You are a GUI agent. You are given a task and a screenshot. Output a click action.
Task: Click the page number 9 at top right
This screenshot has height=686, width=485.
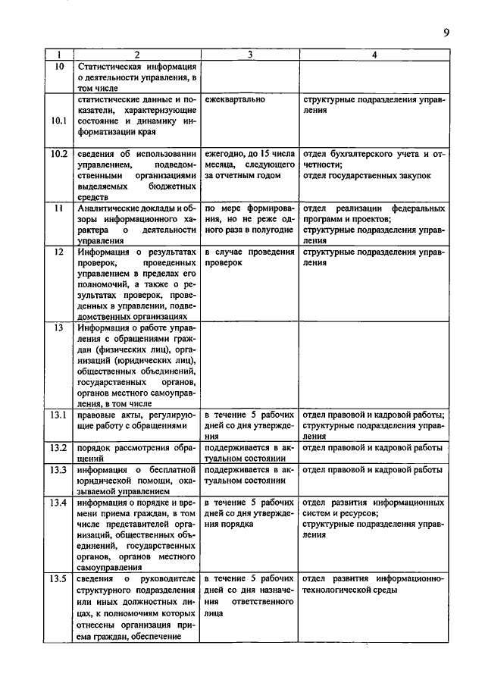click(x=446, y=32)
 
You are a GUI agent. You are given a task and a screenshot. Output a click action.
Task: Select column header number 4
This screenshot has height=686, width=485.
click(x=374, y=55)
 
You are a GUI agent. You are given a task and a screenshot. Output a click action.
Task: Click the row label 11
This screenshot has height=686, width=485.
click(x=58, y=208)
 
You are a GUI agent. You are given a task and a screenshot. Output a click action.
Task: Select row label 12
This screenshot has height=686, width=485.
click(x=58, y=252)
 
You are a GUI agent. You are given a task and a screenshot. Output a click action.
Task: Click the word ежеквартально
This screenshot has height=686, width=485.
click(x=236, y=99)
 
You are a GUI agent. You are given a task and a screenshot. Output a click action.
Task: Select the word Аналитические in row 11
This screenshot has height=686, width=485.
click(x=112, y=208)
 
